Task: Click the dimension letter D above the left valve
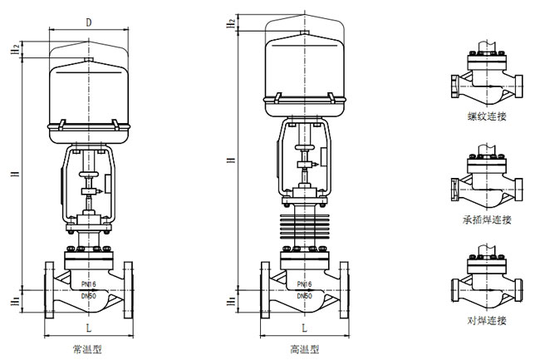pos(88,23)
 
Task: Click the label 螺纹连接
pos(486,117)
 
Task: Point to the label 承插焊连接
pos(487,219)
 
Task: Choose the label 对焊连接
pos(486,320)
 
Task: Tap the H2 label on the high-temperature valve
pos(230,24)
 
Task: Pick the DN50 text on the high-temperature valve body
pos(303,295)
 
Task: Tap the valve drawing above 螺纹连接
pos(485,78)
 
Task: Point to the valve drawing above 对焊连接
pos(485,283)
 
